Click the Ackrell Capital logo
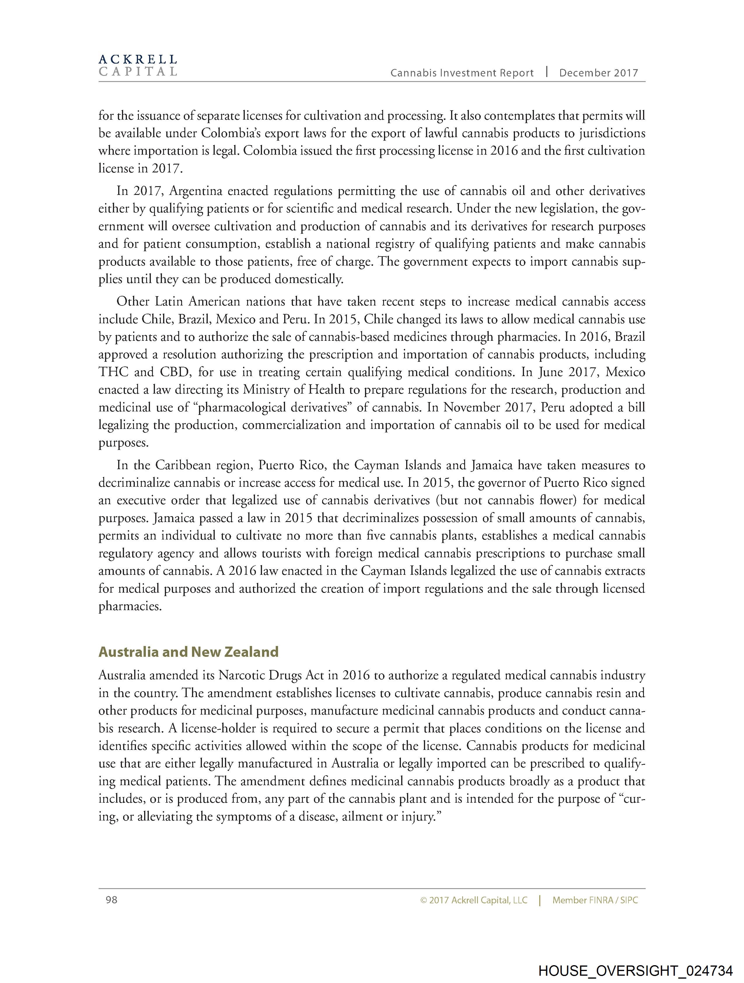[x=138, y=65]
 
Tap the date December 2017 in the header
[x=598, y=73]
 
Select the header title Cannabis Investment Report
[x=462, y=73]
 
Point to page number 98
[x=111, y=900]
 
